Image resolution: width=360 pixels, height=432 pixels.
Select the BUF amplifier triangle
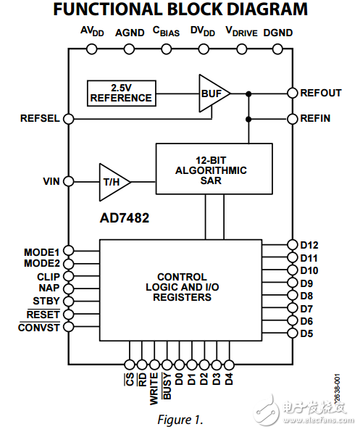(212, 93)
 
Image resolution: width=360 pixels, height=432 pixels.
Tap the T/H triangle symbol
(114, 181)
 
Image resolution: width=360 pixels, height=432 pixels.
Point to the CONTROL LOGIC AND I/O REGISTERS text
(181, 287)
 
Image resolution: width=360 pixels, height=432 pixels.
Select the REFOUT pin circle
(293, 93)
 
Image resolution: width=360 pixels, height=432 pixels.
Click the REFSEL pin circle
(67, 118)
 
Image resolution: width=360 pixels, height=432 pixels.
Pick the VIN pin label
(51, 181)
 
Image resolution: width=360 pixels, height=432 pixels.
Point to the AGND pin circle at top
(130, 49)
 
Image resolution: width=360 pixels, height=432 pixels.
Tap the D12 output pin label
(309, 244)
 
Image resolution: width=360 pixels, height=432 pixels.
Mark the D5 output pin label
(306, 333)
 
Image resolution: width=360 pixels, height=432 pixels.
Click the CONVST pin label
(40, 328)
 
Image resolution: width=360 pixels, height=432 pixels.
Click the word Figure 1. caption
(180, 419)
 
